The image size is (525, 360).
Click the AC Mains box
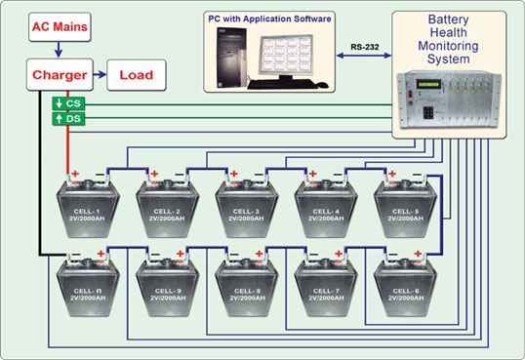[x=60, y=27]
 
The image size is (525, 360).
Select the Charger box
[x=60, y=75]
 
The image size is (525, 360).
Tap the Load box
[x=137, y=75]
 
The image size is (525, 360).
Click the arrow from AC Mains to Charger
[x=59, y=50]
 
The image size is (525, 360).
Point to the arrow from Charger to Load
[x=100, y=75]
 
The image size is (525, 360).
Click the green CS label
[x=68, y=103]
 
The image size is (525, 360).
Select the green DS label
[x=68, y=119]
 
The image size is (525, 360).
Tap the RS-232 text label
[x=365, y=47]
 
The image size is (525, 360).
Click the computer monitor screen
[x=286, y=56]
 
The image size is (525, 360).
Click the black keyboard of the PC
[x=282, y=84]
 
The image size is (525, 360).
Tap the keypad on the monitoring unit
[x=428, y=113]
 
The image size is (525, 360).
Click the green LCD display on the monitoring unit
[x=428, y=83]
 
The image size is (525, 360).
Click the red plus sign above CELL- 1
[x=76, y=174]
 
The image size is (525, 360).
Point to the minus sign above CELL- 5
[x=418, y=174]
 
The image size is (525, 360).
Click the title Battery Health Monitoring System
[x=448, y=39]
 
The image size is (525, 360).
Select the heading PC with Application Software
[x=269, y=19]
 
